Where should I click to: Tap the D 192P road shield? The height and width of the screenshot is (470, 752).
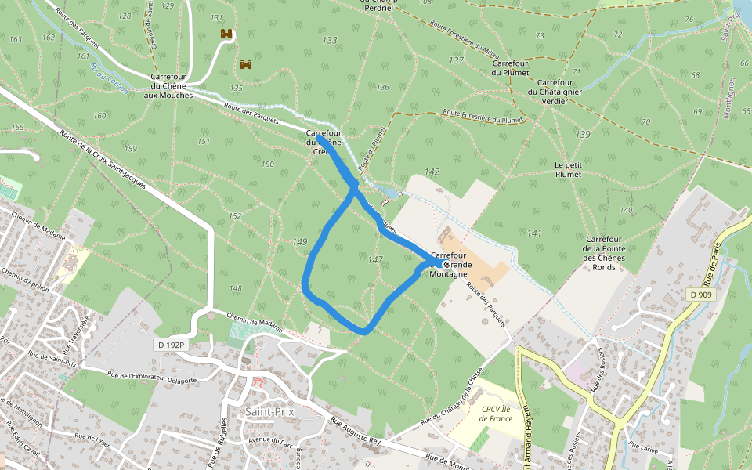170,345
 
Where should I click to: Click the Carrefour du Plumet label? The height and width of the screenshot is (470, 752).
512,67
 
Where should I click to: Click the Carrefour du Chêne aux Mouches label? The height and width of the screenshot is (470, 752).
168,85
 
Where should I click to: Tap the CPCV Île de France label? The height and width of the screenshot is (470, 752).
497,413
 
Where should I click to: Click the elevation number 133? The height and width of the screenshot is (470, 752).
330,40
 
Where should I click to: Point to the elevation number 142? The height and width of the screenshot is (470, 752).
432,171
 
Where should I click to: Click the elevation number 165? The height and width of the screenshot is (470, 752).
17,128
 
